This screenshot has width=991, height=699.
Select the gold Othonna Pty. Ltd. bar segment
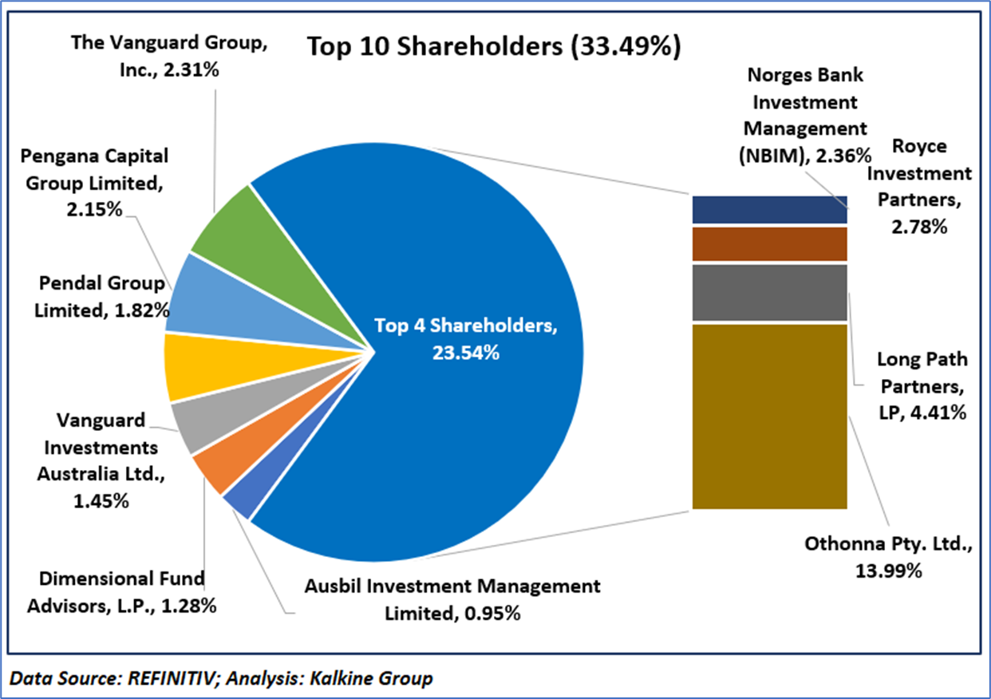[x=769, y=416]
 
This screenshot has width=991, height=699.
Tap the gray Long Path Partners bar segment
[x=769, y=293]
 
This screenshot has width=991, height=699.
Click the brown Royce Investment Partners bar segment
[x=769, y=243]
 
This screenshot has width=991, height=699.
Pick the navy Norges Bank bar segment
[x=769, y=209]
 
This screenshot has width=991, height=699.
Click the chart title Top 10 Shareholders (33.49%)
[x=494, y=47]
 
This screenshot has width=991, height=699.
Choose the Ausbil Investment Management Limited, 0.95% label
[x=452, y=598]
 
